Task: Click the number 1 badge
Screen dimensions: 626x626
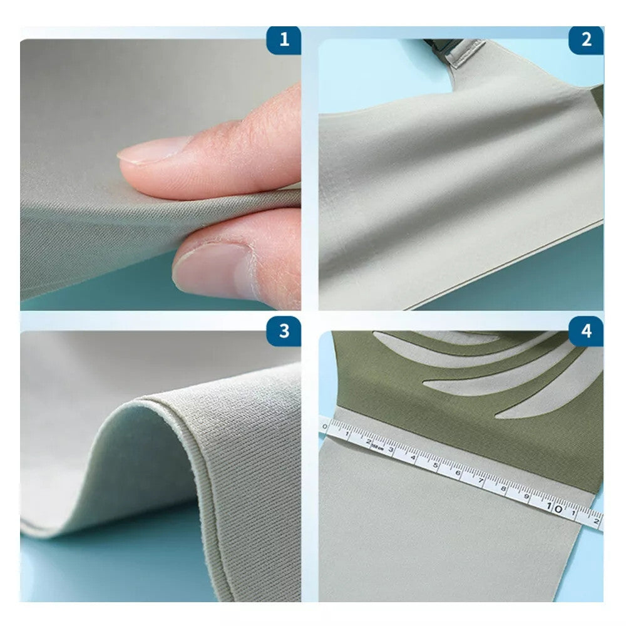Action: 284,40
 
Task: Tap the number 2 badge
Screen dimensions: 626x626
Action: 586,40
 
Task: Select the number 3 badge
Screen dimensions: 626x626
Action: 284,331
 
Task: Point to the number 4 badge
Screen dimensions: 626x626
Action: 586,331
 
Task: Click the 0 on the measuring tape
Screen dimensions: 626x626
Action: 324,427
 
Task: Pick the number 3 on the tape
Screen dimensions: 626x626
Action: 391,449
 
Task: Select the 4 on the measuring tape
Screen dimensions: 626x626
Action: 414,456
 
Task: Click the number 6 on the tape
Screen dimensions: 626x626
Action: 458,473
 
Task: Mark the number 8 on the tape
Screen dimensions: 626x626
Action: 505,490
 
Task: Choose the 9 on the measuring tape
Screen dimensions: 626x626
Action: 528,499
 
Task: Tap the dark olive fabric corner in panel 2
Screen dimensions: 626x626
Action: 598,97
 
